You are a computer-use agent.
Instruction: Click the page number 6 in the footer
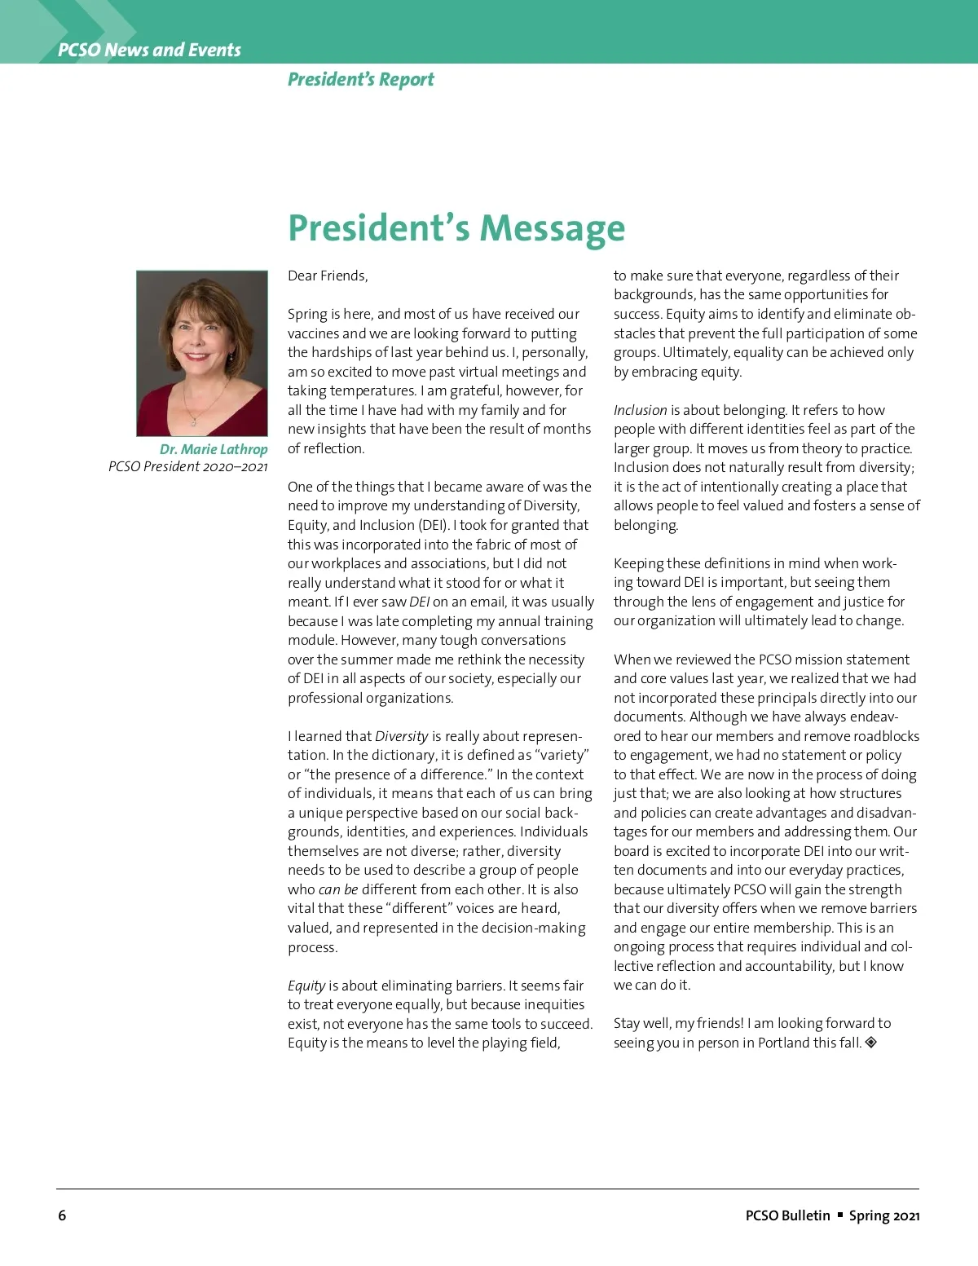tap(62, 1215)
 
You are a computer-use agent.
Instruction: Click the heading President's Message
tap(456, 227)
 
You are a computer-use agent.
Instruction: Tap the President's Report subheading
tap(360, 80)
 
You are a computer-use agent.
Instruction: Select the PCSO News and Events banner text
tap(149, 50)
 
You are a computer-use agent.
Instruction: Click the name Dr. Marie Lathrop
tap(214, 449)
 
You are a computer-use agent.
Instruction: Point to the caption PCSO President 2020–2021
tap(187, 466)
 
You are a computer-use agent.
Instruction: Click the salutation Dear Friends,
tap(328, 276)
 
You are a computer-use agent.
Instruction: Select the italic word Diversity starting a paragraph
tap(401, 736)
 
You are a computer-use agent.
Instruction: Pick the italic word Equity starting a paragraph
tap(306, 986)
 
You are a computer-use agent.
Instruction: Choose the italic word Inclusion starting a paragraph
tap(640, 410)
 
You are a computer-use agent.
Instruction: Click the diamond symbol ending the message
tap(870, 1042)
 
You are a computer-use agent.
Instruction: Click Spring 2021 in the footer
tap(884, 1215)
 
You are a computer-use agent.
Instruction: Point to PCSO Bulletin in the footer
tap(787, 1215)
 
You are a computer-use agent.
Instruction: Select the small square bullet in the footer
tap(840, 1215)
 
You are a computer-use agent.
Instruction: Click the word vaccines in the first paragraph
tap(313, 333)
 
